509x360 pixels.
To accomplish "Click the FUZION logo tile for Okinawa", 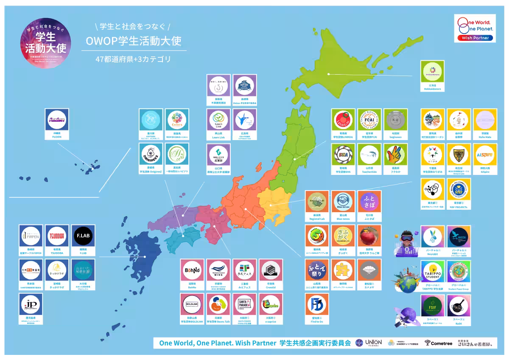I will (57, 120).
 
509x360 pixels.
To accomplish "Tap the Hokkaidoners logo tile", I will (432, 72).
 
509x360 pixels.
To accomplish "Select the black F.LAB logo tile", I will (83, 236).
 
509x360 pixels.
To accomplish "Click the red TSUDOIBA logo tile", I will (57, 236).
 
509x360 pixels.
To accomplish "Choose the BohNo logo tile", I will (192, 270).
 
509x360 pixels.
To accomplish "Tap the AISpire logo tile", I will (485, 155).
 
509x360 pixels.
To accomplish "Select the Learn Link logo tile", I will (218, 121).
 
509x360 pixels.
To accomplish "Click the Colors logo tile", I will (177, 121).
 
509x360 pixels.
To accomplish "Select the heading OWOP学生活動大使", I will (133, 41).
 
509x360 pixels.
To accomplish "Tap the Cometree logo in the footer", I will (439, 343).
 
